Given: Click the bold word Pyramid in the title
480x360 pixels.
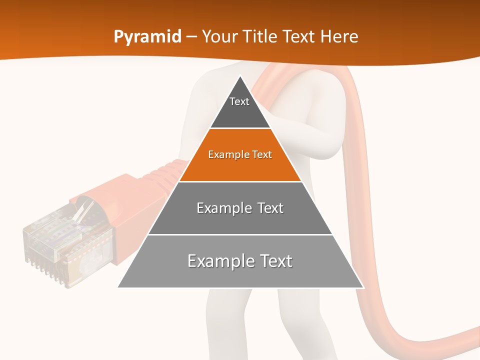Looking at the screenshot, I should tap(147, 37).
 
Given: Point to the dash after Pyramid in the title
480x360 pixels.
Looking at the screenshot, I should tap(191, 37).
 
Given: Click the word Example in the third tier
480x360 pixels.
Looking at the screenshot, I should tap(218, 208).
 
